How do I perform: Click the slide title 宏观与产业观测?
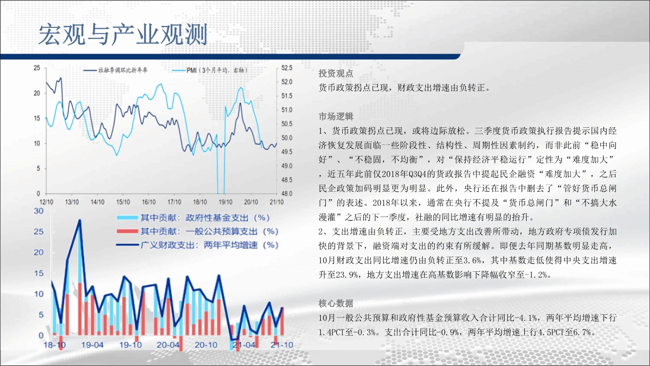123,35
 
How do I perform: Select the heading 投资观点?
336,74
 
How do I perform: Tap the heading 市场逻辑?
336,117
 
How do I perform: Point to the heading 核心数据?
336,304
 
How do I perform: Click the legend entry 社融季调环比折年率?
116,70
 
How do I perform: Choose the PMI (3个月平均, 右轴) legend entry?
210,70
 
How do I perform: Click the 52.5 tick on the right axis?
287,68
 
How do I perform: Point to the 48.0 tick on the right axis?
287,193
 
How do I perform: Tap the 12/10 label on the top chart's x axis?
46,202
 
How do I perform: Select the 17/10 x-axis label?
175,202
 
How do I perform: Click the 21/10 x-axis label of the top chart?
276,202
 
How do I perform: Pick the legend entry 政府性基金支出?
193,218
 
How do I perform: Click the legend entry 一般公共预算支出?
197,231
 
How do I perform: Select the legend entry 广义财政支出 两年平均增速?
197,245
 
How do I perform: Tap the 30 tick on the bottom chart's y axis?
39,211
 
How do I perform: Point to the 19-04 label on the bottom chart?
92,345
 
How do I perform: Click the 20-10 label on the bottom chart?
206,345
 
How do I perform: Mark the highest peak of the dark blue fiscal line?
80,220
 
